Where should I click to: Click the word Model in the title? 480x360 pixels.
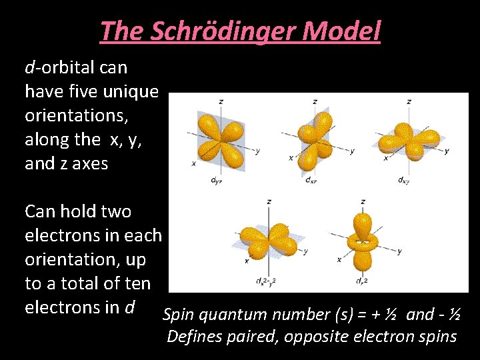click(x=347, y=31)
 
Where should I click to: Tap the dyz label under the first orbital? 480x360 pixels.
click(x=216, y=180)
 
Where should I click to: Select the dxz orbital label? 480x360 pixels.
click(x=311, y=180)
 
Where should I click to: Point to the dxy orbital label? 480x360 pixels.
click(x=404, y=180)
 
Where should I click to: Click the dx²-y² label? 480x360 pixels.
click(x=266, y=281)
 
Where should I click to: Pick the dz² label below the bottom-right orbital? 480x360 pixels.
click(x=361, y=281)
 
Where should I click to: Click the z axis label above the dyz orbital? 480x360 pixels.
click(x=221, y=101)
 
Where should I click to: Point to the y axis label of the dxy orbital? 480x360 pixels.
click(x=447, y=151)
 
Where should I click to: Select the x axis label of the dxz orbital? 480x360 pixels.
click(x=290, y=158)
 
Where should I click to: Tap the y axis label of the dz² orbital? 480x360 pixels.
click(x=399, y=251)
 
